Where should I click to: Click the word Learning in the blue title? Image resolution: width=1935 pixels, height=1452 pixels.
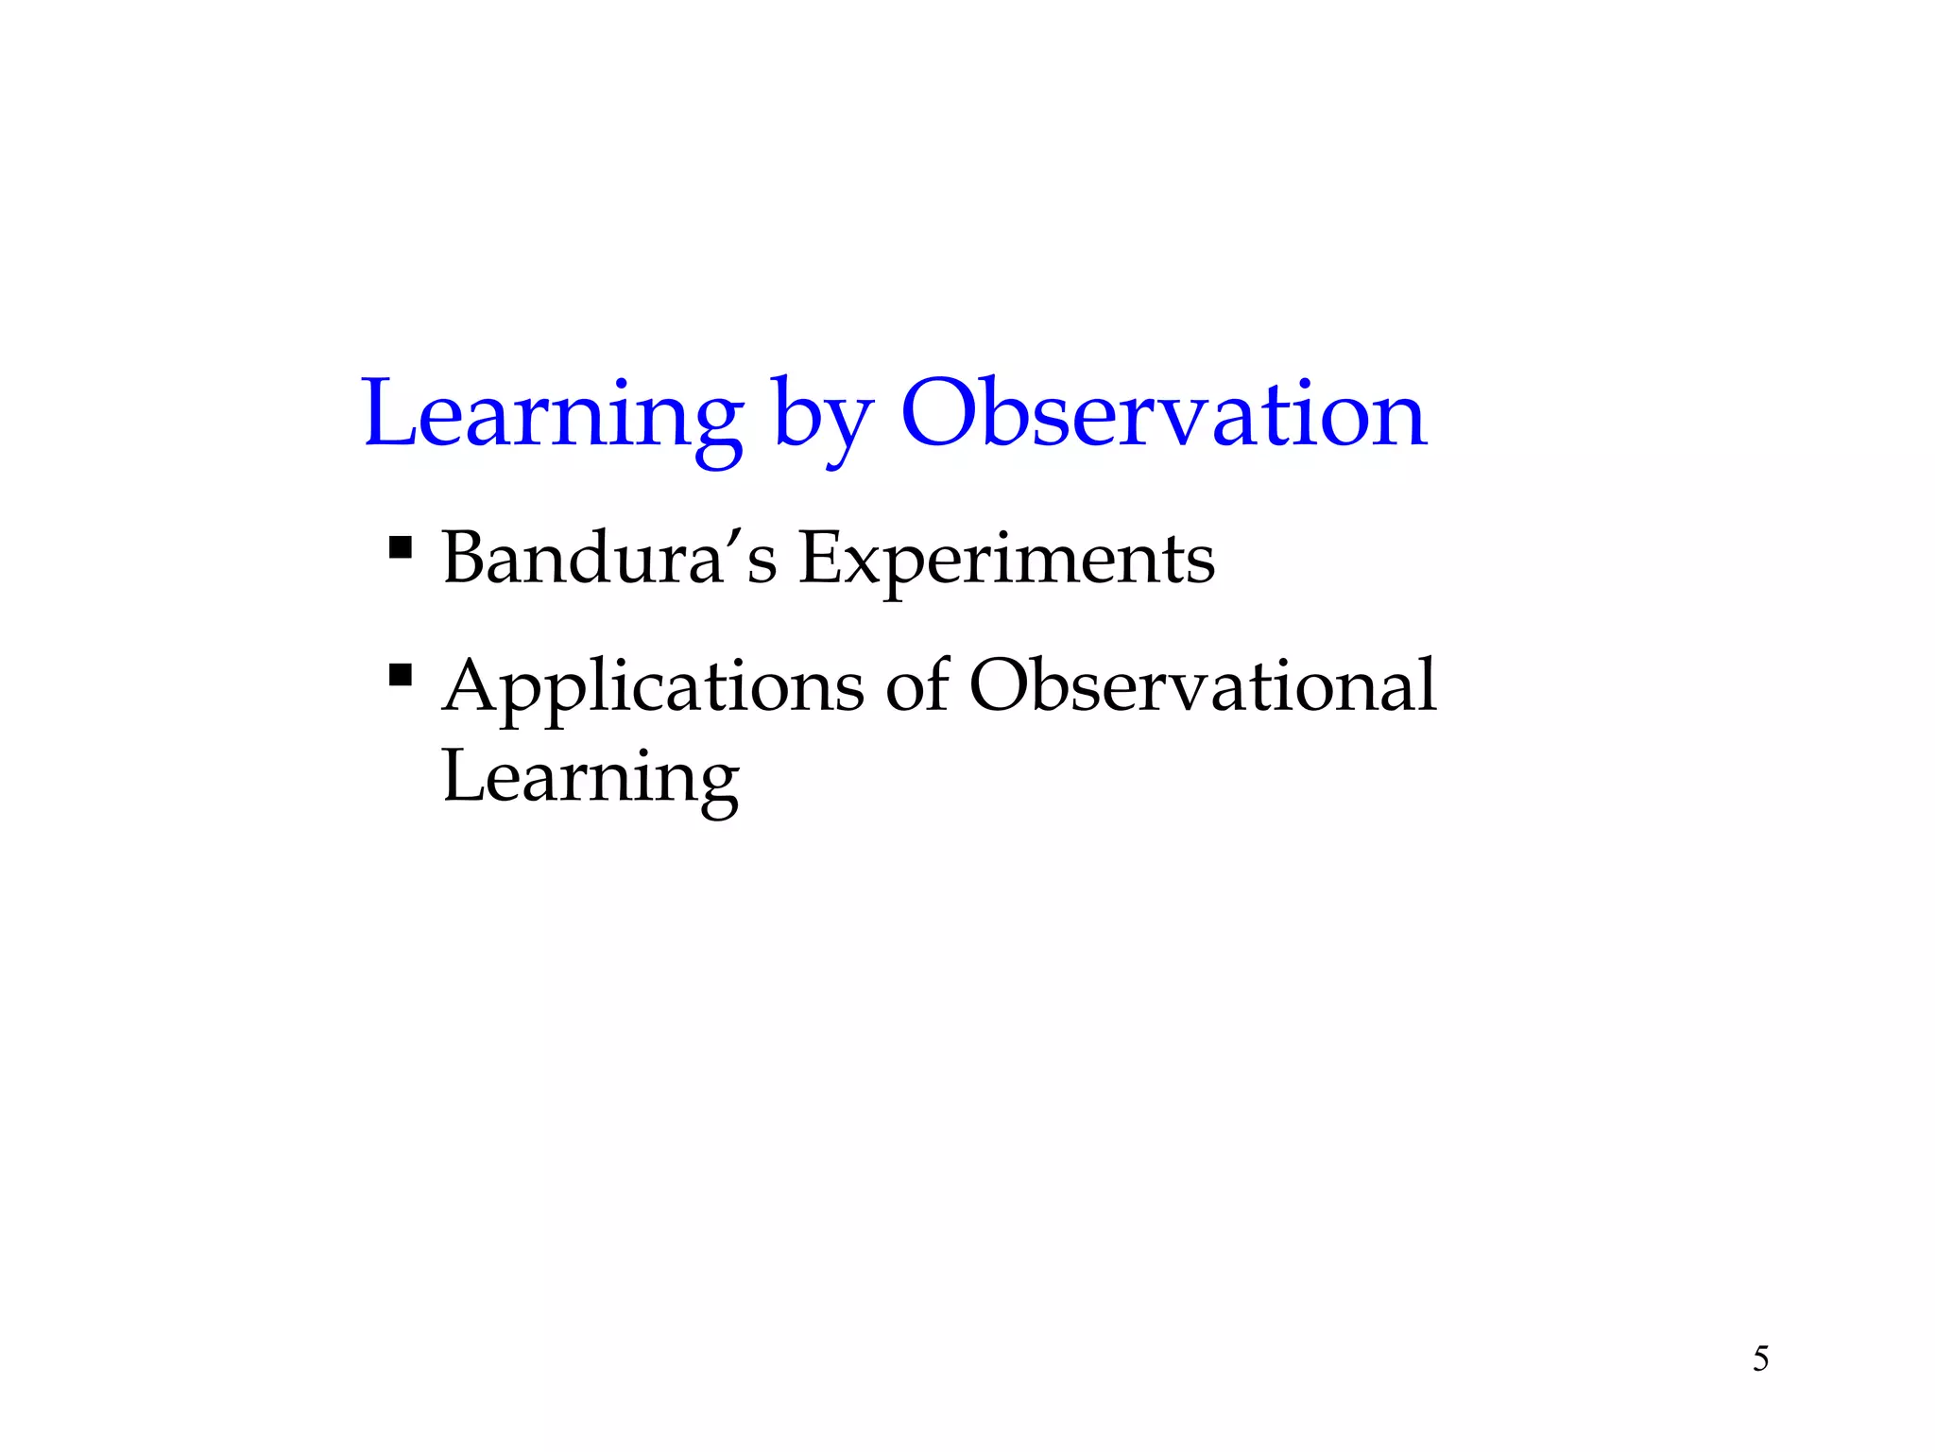(553, 416)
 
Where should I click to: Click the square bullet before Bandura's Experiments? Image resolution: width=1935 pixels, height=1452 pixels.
(401, 547)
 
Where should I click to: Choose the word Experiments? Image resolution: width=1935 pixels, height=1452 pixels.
(1006, 560)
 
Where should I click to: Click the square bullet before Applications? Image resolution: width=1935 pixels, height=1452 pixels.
(401, 675)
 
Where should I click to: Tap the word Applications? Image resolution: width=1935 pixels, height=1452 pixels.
(653, 687)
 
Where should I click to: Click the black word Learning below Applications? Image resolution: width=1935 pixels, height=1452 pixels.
(591, 777)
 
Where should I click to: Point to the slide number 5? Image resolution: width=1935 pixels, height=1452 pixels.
(1760, 1358)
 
